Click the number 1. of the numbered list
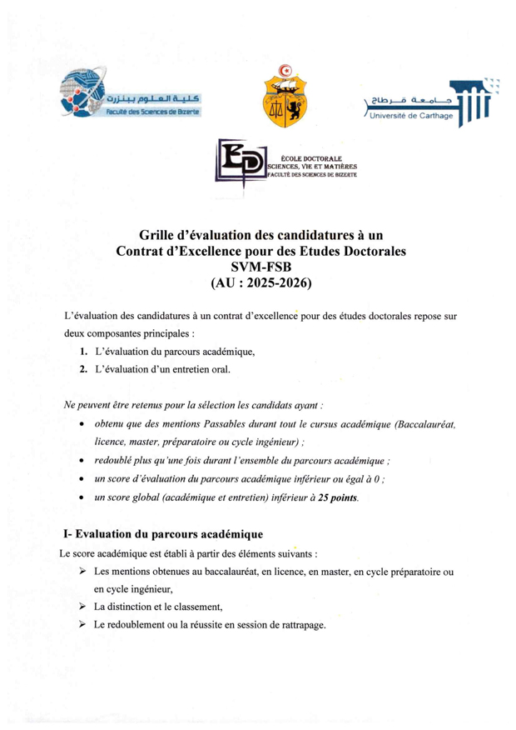point(85,352)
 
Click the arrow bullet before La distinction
point(82,607)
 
